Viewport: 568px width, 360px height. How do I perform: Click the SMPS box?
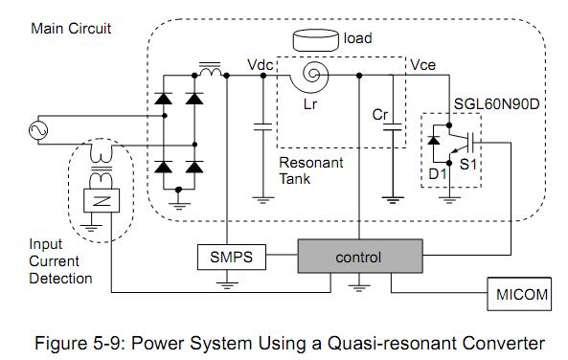click(232, 258)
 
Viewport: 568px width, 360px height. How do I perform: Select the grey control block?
click(360, 256)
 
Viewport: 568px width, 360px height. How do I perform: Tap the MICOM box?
click(519, 294)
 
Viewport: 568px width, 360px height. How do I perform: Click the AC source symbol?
click(38, 130)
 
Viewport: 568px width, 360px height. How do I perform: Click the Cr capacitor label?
click(380, 115)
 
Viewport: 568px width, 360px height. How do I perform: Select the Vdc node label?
click(260, 65)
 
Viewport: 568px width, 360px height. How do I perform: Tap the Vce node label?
click(422, 65)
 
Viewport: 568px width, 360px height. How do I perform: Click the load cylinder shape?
click(315, 40)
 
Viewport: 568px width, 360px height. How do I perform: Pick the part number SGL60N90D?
click(496, 104)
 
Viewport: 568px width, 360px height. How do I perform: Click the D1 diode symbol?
click(434, 140)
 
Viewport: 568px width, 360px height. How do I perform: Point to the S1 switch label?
click(468, 165)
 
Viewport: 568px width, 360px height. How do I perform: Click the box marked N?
click(102, 200)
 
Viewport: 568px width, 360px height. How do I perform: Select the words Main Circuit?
click(71, 29)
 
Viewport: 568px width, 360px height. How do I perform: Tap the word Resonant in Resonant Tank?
click(310, 163)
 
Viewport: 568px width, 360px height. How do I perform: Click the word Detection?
click(60, 279)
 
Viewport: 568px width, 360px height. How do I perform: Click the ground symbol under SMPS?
click(227, 285)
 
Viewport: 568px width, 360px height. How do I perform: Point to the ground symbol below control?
click(359, 288)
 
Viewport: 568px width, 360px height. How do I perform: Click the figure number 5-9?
click(106, 343)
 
